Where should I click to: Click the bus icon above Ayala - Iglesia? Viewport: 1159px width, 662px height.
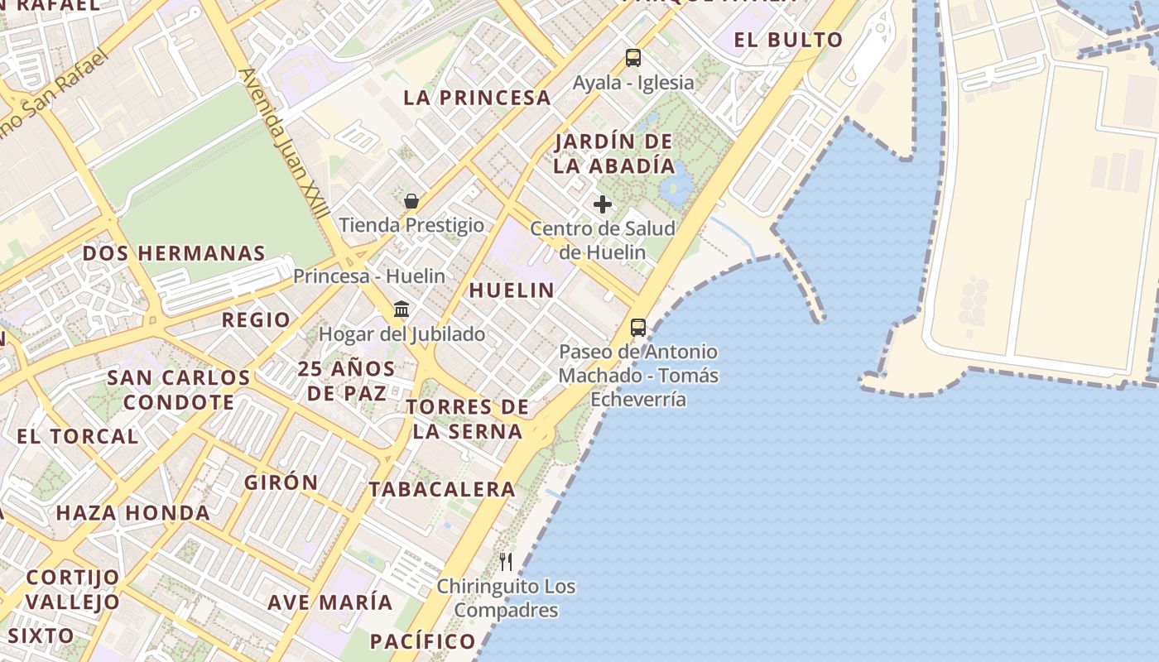[633, 58]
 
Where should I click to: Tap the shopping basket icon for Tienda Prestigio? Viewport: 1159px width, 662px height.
[411, 201]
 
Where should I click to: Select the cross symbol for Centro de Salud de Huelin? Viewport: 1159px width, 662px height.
[603, 204]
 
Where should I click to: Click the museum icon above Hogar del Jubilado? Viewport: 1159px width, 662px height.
[402, 309]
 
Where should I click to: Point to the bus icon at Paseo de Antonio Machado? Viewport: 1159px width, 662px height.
[638, 328]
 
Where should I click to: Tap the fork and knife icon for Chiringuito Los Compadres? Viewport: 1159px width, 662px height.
[506, 562]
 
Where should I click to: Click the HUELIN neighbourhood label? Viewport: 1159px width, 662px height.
[512, 290]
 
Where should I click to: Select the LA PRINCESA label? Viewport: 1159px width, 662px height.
[477, 98]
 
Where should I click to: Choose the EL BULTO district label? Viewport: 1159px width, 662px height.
[788, 40]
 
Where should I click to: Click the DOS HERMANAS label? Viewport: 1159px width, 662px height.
[174, 253]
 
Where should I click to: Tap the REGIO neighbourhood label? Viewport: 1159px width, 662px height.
[256, 320]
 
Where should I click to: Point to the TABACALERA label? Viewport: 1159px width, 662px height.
[442, 489]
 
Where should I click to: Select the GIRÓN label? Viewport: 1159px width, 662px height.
[281, 482]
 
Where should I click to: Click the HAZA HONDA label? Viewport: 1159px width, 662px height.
[132, 513]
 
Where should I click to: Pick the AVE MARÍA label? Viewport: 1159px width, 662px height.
[329, 602]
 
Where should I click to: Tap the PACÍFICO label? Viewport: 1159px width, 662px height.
[422, 641]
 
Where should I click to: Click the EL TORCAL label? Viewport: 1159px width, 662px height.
[77, 437]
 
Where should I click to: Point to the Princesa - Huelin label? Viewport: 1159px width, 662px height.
[369, 276]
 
